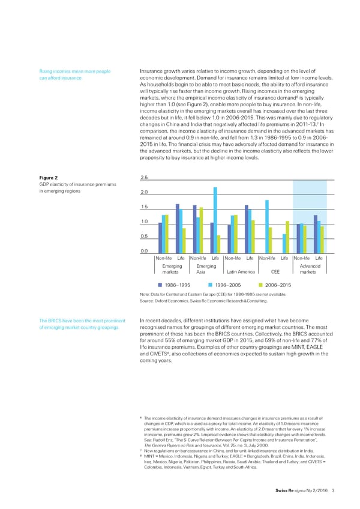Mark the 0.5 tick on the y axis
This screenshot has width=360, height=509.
coord(144,236)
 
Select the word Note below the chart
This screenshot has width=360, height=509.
coord(144,295)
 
